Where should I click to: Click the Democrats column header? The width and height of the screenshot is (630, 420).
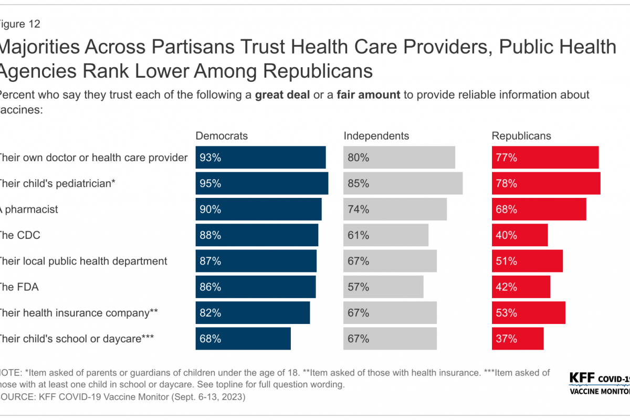click(x=222, y=136)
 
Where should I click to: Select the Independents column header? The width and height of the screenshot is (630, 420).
click(x=376, y=136)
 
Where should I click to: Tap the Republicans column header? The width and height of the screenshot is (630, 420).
click(x=521, y=136)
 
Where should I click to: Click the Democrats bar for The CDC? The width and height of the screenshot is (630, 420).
click(x=257, y=235)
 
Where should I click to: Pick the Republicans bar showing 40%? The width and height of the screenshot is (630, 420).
click(x=520, y=235)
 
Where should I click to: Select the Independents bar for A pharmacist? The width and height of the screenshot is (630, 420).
click(x=395, y=209)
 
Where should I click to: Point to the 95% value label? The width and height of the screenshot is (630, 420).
click(x=211, y=184)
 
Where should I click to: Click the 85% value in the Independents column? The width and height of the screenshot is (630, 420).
click(x=358, y=184)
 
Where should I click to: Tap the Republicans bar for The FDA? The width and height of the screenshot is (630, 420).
click(x=521, y=287)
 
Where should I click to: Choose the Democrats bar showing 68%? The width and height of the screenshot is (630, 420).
click(x=243, y=339)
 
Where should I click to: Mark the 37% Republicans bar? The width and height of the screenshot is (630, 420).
click(x=518, y=339)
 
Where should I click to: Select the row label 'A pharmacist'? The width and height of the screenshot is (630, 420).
click(x=29, y=209)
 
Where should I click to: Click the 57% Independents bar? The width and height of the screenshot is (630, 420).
click(x=383, y=287)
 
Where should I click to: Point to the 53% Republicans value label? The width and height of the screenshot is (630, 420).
click(x=507, y=313)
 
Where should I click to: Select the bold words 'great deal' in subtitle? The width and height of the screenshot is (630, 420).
click(x=280, y=95)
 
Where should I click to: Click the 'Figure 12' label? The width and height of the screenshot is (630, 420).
click(x=21, y=24)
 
